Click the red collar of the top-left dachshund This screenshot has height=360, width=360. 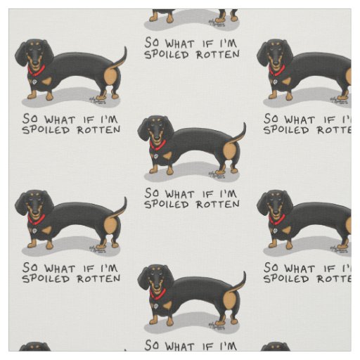36,70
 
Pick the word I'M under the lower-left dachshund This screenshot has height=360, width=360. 108,268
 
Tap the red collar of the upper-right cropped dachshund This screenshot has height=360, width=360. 278,70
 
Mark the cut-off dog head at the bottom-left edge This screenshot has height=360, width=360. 34,347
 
